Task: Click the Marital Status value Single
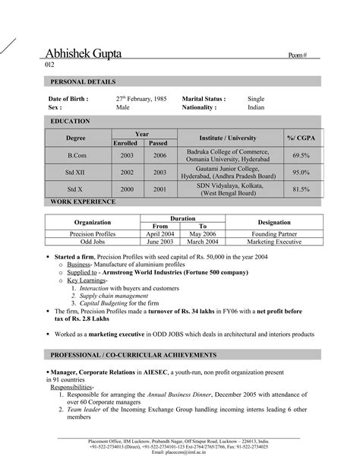pyautogui.click(x=257, y=99)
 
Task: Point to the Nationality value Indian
pyautogui.click(x=257, y=108)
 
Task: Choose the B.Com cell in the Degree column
pyautogui.click(x=76, y=154)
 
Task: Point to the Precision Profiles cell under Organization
pyautogui.click(x=93, y=236)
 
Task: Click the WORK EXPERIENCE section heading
pyautogui.click(x=83, y=202)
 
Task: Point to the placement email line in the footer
pyautogui.click(x=179, y=453)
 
